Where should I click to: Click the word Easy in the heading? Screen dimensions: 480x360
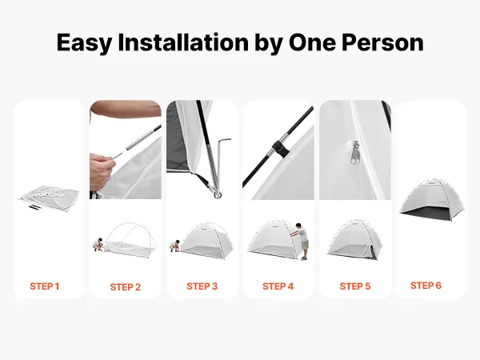pyautogui.click(x=84, y=43)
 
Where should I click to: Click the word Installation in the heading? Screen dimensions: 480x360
pyautogui.click(x=183, y=42)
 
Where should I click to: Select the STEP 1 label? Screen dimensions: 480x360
pyautogui.click(x=44, y=286)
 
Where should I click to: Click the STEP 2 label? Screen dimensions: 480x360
pyautogui.click(x=126, y=287)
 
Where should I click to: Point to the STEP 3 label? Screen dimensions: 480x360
pyautogui.click(x=202, y=286)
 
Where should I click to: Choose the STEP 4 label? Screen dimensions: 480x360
pyautogui.click(x=278, y=286)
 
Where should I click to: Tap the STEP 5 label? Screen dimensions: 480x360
pyautogui.click(x=354, y=286)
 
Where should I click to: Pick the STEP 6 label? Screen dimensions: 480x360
pyautogui.click(x=426, y=286)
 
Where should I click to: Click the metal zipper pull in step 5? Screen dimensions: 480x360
pyautogui.click(x=355, y=152)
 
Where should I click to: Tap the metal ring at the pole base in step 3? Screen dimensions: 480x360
pyautogui.click(x=218, y=194)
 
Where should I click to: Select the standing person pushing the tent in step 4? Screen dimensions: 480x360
pyautogui.click(x=302, y=242)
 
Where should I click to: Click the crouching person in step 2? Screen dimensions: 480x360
pyautogui.click(x=98, y=244)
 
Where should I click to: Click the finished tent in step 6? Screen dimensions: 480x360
pyautogui.click(x=432, y=200)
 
